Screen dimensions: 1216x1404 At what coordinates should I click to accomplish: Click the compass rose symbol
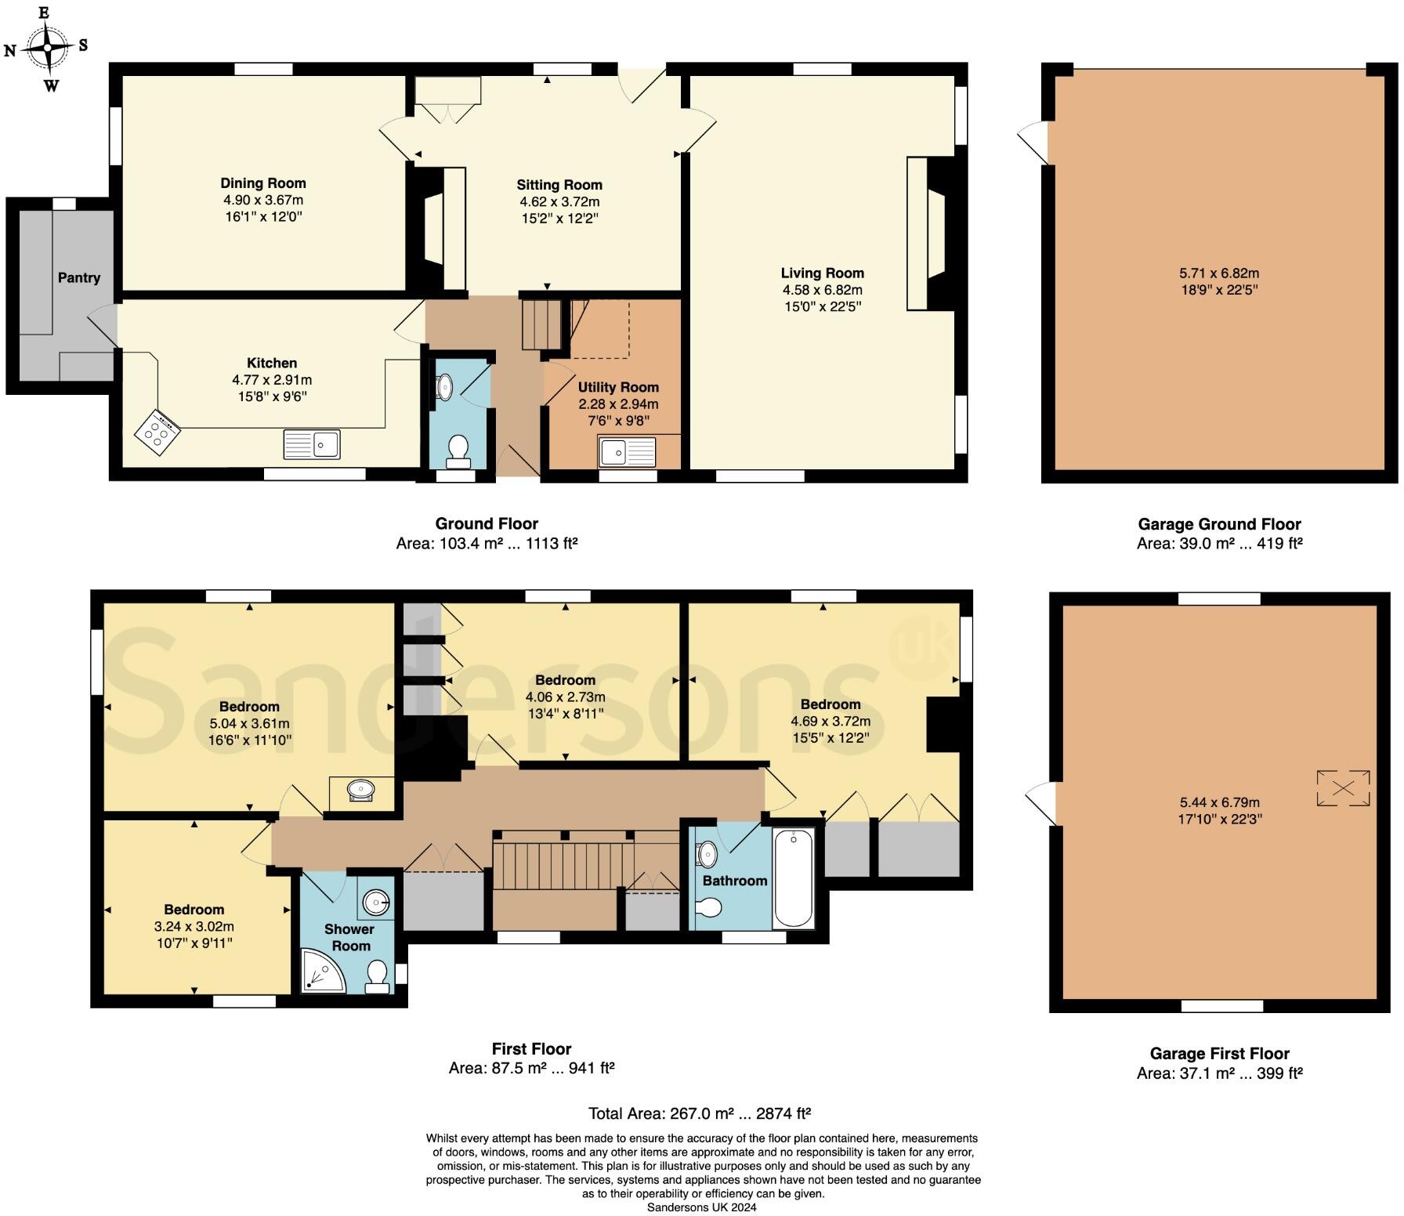point(47,47)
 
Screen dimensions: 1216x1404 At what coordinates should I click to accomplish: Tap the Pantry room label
point(78,277)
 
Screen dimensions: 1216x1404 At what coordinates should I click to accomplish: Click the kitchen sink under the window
point(312,444)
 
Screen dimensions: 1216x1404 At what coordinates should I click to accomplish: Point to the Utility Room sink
point(627,452)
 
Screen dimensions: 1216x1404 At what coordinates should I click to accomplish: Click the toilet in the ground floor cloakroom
point(458,451)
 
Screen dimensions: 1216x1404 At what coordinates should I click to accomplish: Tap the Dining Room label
point(262,183)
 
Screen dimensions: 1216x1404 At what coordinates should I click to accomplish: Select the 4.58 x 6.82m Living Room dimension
point(822,290)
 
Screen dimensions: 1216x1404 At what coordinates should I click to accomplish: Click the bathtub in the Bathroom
point(794,878)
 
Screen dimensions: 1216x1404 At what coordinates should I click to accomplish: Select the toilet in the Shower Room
point(378,976)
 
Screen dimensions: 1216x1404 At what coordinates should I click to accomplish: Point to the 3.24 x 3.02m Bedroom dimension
point(194,926)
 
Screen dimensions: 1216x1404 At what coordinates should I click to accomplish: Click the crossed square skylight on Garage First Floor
point(1343,788)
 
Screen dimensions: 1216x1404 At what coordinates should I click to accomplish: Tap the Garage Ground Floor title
point(1218,524)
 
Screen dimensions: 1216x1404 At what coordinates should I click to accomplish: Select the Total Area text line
point(699,1113)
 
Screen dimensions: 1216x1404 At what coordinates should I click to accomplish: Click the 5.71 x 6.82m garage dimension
point(1218,273)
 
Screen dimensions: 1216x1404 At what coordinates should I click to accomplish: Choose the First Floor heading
point(531,1048)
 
